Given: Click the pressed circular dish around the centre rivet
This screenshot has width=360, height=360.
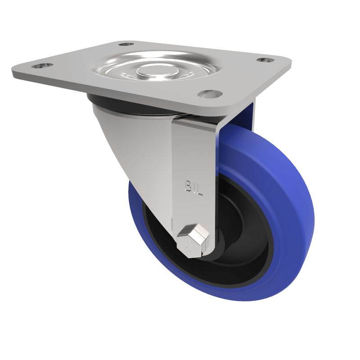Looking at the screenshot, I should point(180,67).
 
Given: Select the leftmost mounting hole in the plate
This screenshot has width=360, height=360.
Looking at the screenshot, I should point(42,66).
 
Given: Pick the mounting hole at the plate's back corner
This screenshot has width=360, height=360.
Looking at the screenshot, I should point(126,45).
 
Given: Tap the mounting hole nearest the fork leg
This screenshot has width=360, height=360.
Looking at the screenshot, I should point(210,94).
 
